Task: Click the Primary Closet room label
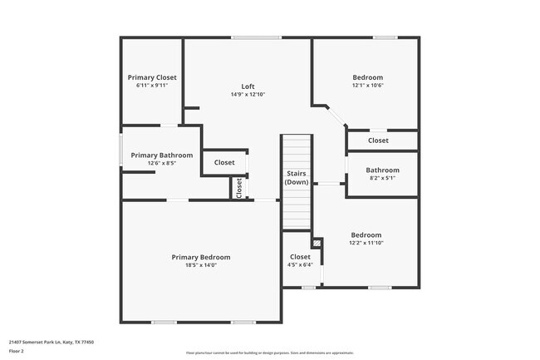click(x=152, y=77)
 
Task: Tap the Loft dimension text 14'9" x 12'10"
click(x=248, y=95)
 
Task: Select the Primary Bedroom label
click(x=201, y=257)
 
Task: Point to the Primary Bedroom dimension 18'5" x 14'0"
click(x=201, y=265)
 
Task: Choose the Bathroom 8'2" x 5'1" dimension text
click(x=382, y=178)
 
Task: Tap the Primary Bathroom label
click(x=161, y=155)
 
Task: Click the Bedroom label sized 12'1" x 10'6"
click(x=367, y=77)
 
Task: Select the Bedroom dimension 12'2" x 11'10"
click(x=366, y=243)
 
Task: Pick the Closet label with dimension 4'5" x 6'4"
click(x=300, y=257)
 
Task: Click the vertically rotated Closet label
click(x=239, y=188)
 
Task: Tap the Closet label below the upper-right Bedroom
click(x=378, y=141)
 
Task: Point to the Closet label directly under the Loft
click(x=224, y=162)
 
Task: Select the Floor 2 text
click(x=17, y=351)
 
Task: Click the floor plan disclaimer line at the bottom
click(x=269, y=353)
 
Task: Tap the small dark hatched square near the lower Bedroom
click(x=317, y=243)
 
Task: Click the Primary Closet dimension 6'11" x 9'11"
click(x=152, y=86)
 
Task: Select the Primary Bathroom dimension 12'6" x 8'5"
click(x=161, y=164)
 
